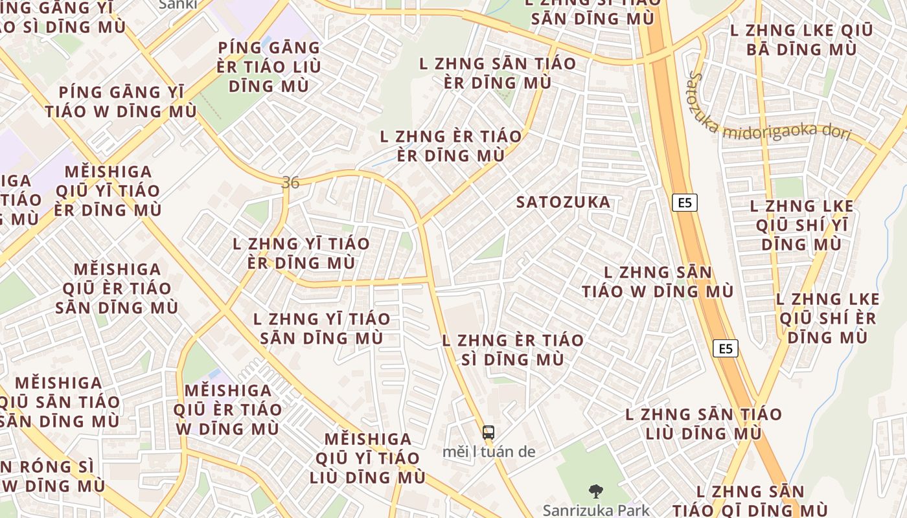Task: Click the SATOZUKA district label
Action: pyautogui.click(x=563, y=202)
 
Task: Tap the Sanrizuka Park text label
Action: pyautogui.click(x=596, y=510)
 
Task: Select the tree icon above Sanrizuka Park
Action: pyautogui.click(x=595, y=491)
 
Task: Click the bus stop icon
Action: pyautogui.click(x=488, y=433)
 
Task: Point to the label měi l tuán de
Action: pyautogui.click(x=488, y=451)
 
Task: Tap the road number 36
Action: pyautogui.click(x=291, y=183)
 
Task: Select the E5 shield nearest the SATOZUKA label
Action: pyautogui.click(x=685, y=203)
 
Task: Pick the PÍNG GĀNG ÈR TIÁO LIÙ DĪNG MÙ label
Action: pyautogui.click(x=269, y=67)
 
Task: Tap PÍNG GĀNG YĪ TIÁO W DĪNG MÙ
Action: pyautogui.click(x=121, y=102)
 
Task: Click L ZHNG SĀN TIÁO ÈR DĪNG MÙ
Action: pyautogui.click(x=498, y=73)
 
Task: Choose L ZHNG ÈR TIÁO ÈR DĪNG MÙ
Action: pyautogui.click(x=450, y=146)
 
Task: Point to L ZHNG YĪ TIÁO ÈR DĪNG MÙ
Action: pyautogui.click(x=301, y=253)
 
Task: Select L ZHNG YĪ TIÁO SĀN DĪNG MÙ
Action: pyautogui.click(x=322, y=328)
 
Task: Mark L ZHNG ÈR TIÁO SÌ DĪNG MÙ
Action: pyautogui.click(x=512, y=350)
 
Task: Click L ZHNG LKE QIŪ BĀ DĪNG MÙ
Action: pyautogui.click(x=801, y=39)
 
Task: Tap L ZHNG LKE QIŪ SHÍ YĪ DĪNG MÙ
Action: pyautogui.click(x=801, y=225)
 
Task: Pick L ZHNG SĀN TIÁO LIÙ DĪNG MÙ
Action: pyautogui.click(x=703, y=423)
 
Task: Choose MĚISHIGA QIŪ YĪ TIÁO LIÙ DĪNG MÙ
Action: pyautogui.click(x=367, y=458)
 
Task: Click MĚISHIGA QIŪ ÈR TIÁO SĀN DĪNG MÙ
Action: pyautogui.click(x=117, y=288)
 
